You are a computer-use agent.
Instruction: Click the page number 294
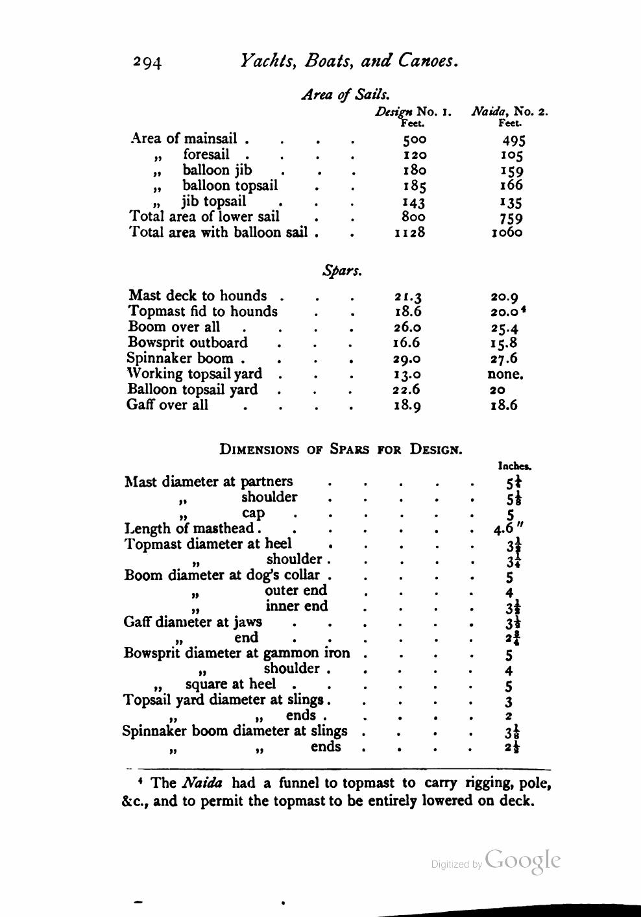[147, 62]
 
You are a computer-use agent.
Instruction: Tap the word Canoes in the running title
[428, 61]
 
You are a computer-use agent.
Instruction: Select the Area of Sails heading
[346, 95]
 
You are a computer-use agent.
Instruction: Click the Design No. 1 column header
[413, 111]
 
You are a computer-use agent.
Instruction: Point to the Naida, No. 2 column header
[509, 111]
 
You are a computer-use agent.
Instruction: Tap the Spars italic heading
[342, 271]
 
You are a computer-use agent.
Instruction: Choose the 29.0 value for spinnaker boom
[407, 359]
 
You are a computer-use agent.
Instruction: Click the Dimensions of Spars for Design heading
[341, 449]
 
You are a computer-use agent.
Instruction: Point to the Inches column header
[514, 465]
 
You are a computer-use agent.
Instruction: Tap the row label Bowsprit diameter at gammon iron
[237, 653]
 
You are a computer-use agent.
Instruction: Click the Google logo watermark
[522, 860]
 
